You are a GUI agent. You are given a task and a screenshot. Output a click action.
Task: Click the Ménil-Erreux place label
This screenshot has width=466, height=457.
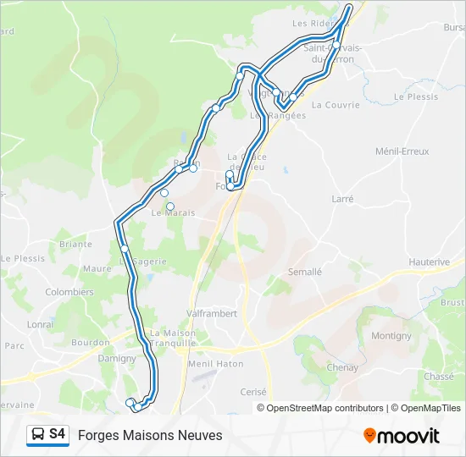[x=402, y=151]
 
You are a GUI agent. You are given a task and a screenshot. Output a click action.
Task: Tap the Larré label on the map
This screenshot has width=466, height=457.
[x=342, y=199]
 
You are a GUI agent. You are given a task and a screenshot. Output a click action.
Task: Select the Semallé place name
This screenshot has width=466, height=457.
[x=305, y=273]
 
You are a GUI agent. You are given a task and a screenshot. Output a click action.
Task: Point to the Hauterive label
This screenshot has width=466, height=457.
[x=429, y=262]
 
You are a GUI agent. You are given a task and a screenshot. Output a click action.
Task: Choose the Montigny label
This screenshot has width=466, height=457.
[x=391, y=336]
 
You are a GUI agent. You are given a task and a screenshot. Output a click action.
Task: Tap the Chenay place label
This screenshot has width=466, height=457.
[x=342, y=368]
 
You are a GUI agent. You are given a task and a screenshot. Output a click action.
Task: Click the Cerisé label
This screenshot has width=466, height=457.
[x=253, y=392]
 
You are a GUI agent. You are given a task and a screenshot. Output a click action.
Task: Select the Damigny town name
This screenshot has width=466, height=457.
[x=117, y=359]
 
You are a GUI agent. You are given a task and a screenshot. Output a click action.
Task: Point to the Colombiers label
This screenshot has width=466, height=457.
[x=69, y=292]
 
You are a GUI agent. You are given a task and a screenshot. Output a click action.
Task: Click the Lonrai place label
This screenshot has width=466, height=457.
[x=40, y=324]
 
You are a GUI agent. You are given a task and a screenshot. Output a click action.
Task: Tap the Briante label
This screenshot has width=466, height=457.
[x=75, y=245]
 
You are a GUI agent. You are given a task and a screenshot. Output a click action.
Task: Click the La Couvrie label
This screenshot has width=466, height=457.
[x=336, y=105]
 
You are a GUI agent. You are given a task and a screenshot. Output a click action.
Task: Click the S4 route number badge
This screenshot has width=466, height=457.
[x=58, y=434]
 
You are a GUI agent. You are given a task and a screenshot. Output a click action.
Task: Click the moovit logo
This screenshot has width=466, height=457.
[x=402, y=436]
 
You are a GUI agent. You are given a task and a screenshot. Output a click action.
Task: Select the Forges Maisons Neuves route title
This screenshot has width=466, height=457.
[x=150, y=435]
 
